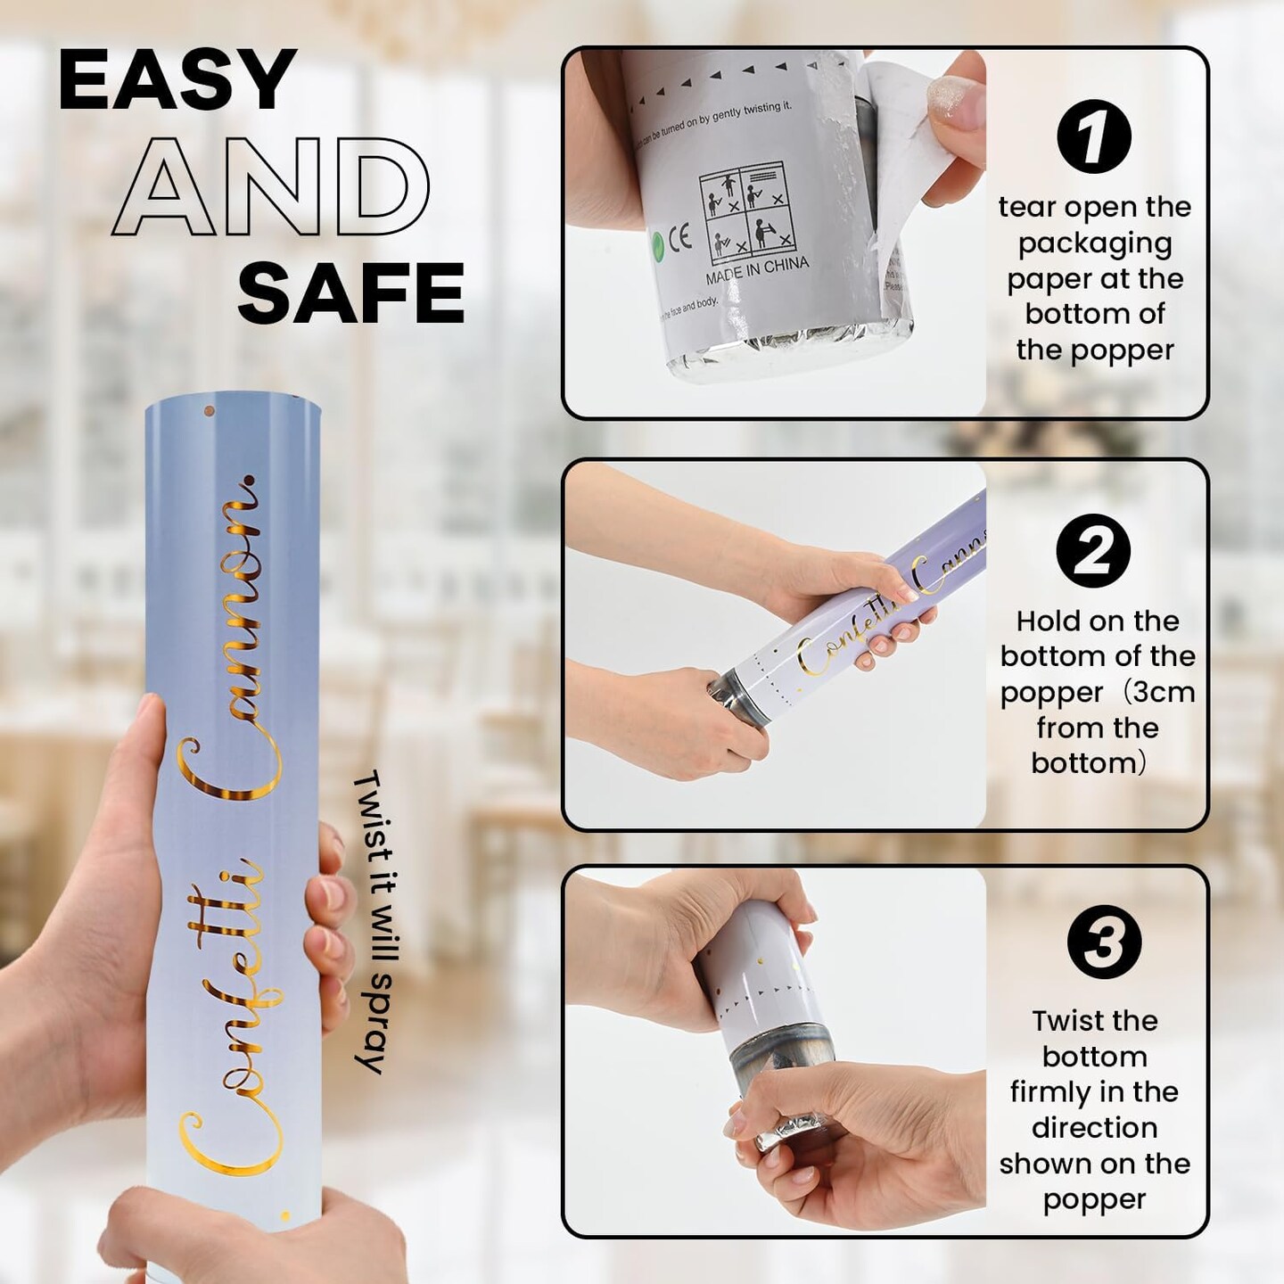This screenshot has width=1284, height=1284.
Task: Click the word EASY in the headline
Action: [x=177, y=80]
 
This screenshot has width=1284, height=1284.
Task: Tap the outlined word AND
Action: [x=270, y=187]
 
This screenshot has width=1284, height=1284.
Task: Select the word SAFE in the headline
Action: [x=350, y=293]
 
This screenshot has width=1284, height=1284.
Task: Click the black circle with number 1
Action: [x=1093, y=136]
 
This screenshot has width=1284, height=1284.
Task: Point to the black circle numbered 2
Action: [x=1093, y=550]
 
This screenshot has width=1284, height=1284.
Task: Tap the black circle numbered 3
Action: [x=1104, y=942]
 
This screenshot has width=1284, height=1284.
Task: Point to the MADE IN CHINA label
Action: [x=757, y=270]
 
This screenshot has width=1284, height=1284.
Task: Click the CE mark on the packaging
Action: [x=679, y=238]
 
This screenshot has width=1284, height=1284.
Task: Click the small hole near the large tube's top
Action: [x=210, y=412]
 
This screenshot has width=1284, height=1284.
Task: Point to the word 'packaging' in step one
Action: [x=1094, y=243]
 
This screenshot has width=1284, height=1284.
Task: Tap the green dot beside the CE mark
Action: [x=658, y=242]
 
